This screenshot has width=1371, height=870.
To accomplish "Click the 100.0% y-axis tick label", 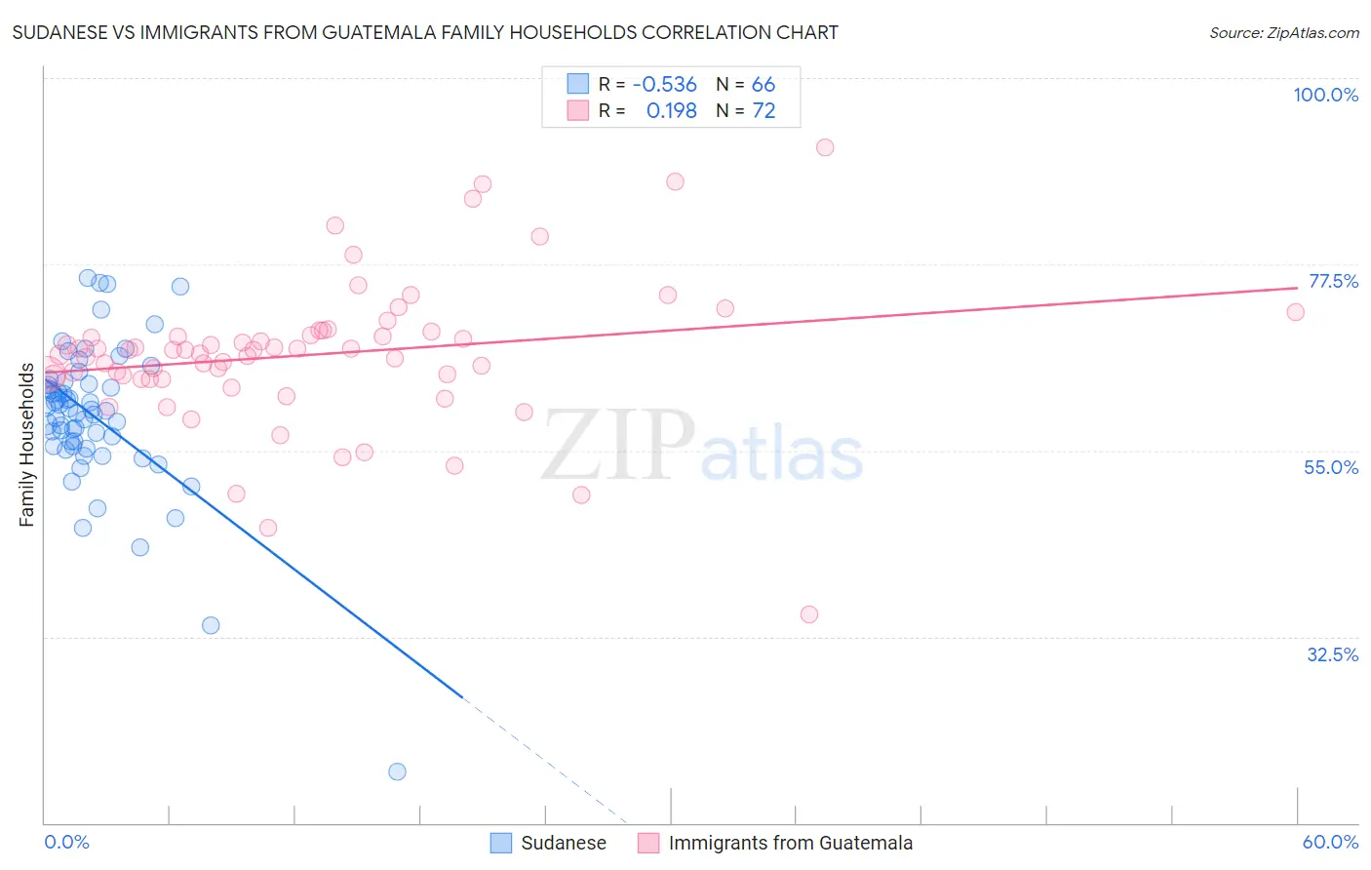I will tap(1325, 95).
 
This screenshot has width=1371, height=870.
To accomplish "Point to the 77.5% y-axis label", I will tap(1333, 281).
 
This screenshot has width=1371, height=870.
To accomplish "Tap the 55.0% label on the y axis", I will tap(1331, 467).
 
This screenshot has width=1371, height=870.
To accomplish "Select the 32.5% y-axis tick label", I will tap(1332, 654).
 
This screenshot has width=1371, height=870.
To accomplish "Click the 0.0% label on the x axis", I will tap(66, 842).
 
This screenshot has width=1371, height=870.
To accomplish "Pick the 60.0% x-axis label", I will tap(1330, 842).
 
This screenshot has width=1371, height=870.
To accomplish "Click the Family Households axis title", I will tap(26, 445).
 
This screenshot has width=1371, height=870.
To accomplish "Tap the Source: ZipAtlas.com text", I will tap(1283, 33).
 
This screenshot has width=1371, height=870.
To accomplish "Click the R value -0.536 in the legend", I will tap(664, 85).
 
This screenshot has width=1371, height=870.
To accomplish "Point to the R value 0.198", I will tap(671, 111).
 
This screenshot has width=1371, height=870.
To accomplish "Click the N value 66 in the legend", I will tap(764, 85).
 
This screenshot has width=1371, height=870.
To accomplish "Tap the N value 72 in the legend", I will tap(764, 111).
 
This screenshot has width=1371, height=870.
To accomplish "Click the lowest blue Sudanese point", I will tap(397, 771).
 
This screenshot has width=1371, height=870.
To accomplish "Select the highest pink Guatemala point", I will tap(825, 147).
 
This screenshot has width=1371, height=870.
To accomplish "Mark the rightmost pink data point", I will tap(1295, 312).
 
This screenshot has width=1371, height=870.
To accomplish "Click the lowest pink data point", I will tap(808, 614).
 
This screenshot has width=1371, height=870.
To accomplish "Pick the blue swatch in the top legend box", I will tap(578, 85).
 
